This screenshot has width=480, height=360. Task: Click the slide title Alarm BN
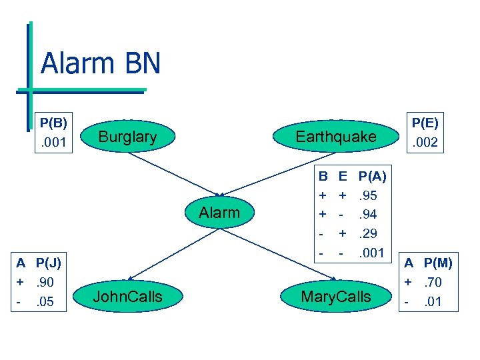[101, 63]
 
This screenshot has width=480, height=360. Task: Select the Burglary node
[127, 137]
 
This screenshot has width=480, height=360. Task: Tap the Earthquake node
[336, 137]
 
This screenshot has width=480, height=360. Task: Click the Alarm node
[219, 213]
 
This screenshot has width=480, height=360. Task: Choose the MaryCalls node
[335, 297]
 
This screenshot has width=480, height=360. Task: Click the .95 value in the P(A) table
[369, 196]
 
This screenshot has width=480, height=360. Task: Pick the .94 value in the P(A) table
[369, 215]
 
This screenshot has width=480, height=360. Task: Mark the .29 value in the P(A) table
[369, 235]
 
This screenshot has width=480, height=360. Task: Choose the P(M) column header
[438, 263]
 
